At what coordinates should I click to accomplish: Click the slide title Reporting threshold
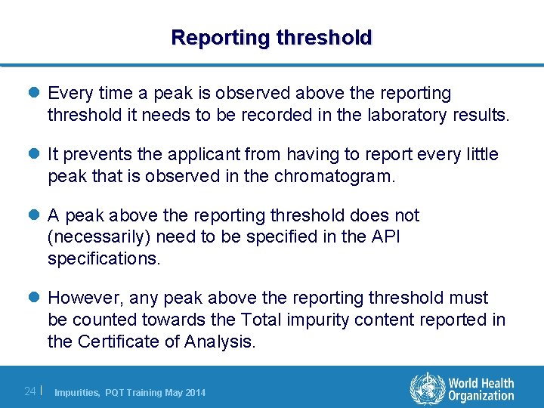(x=271, y=37)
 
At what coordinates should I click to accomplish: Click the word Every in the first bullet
(x=68, y=94)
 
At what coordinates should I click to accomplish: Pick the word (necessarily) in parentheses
(x=100, y=237)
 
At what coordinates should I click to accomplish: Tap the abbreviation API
(x=383, y=237)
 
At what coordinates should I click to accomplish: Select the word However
(x=81, y=298)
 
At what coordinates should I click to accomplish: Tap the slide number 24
(x=30, y=391)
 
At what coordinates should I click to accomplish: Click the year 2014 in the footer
(x=194, y=392)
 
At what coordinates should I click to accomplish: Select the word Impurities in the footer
(x=77, y=392)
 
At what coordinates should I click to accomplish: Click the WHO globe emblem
(x=427, y=388)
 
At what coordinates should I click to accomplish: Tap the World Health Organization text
(x=481, y=389)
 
